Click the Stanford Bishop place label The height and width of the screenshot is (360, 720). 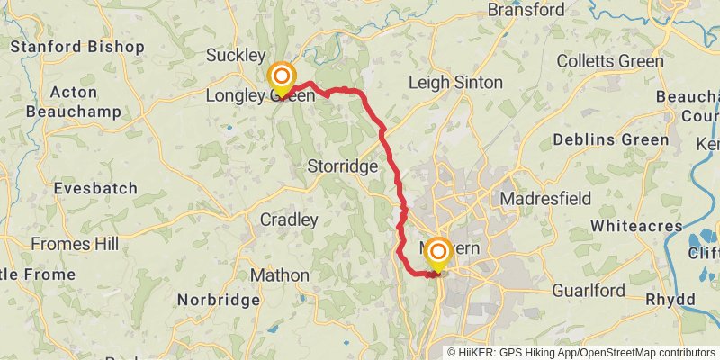pyautogui.click(x=76, y=46)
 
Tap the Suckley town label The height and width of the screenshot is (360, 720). pyautogui.click(x=235, y=56)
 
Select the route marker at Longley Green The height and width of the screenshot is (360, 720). pyautogui.click(x=283, y=77)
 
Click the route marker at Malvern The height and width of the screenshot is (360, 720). pyautogui.click(x=437, y=253)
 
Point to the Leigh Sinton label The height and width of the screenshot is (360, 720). pyautogui.click(x=455, y=82)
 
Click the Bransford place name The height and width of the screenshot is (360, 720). pyautogui.click(x=526, y=10)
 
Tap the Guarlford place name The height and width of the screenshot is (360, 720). pyautogui.click(x=589, y=290)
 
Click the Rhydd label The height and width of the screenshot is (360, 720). pyautogui.click(x=670, y=299)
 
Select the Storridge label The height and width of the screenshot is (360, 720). pyautogui.click(x=342, y=166)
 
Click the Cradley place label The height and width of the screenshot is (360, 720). pyautogui.click(x=289, y=220)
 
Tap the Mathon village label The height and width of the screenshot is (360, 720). pyautogui.click(x=280, y=274)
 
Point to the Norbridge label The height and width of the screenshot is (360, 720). pyautogui.click(x=218, y=299)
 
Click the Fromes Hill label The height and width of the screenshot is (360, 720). pyautogui.click(x=74, y=244)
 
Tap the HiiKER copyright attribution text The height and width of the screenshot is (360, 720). pyautogui.click(x=580, y=353)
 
